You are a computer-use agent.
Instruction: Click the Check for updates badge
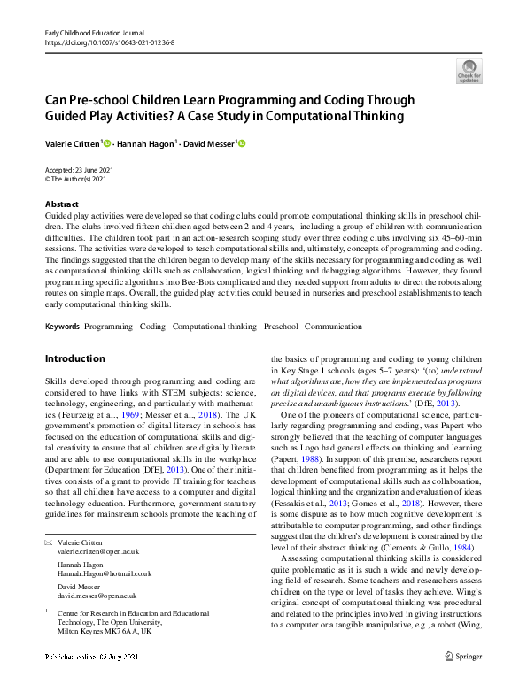469,71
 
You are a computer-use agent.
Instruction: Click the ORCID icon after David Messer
240,143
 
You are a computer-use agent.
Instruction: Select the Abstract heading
61,204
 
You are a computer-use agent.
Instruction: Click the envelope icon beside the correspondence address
49,539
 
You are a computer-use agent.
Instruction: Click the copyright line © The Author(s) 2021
75,179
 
